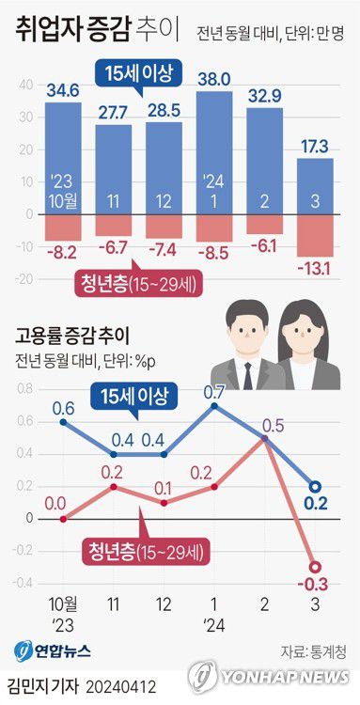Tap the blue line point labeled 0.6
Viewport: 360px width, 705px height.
[x=63, y=422]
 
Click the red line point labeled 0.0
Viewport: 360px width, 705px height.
[x=63, y=518]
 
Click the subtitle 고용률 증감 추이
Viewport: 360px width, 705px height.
[x=70, y=334]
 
